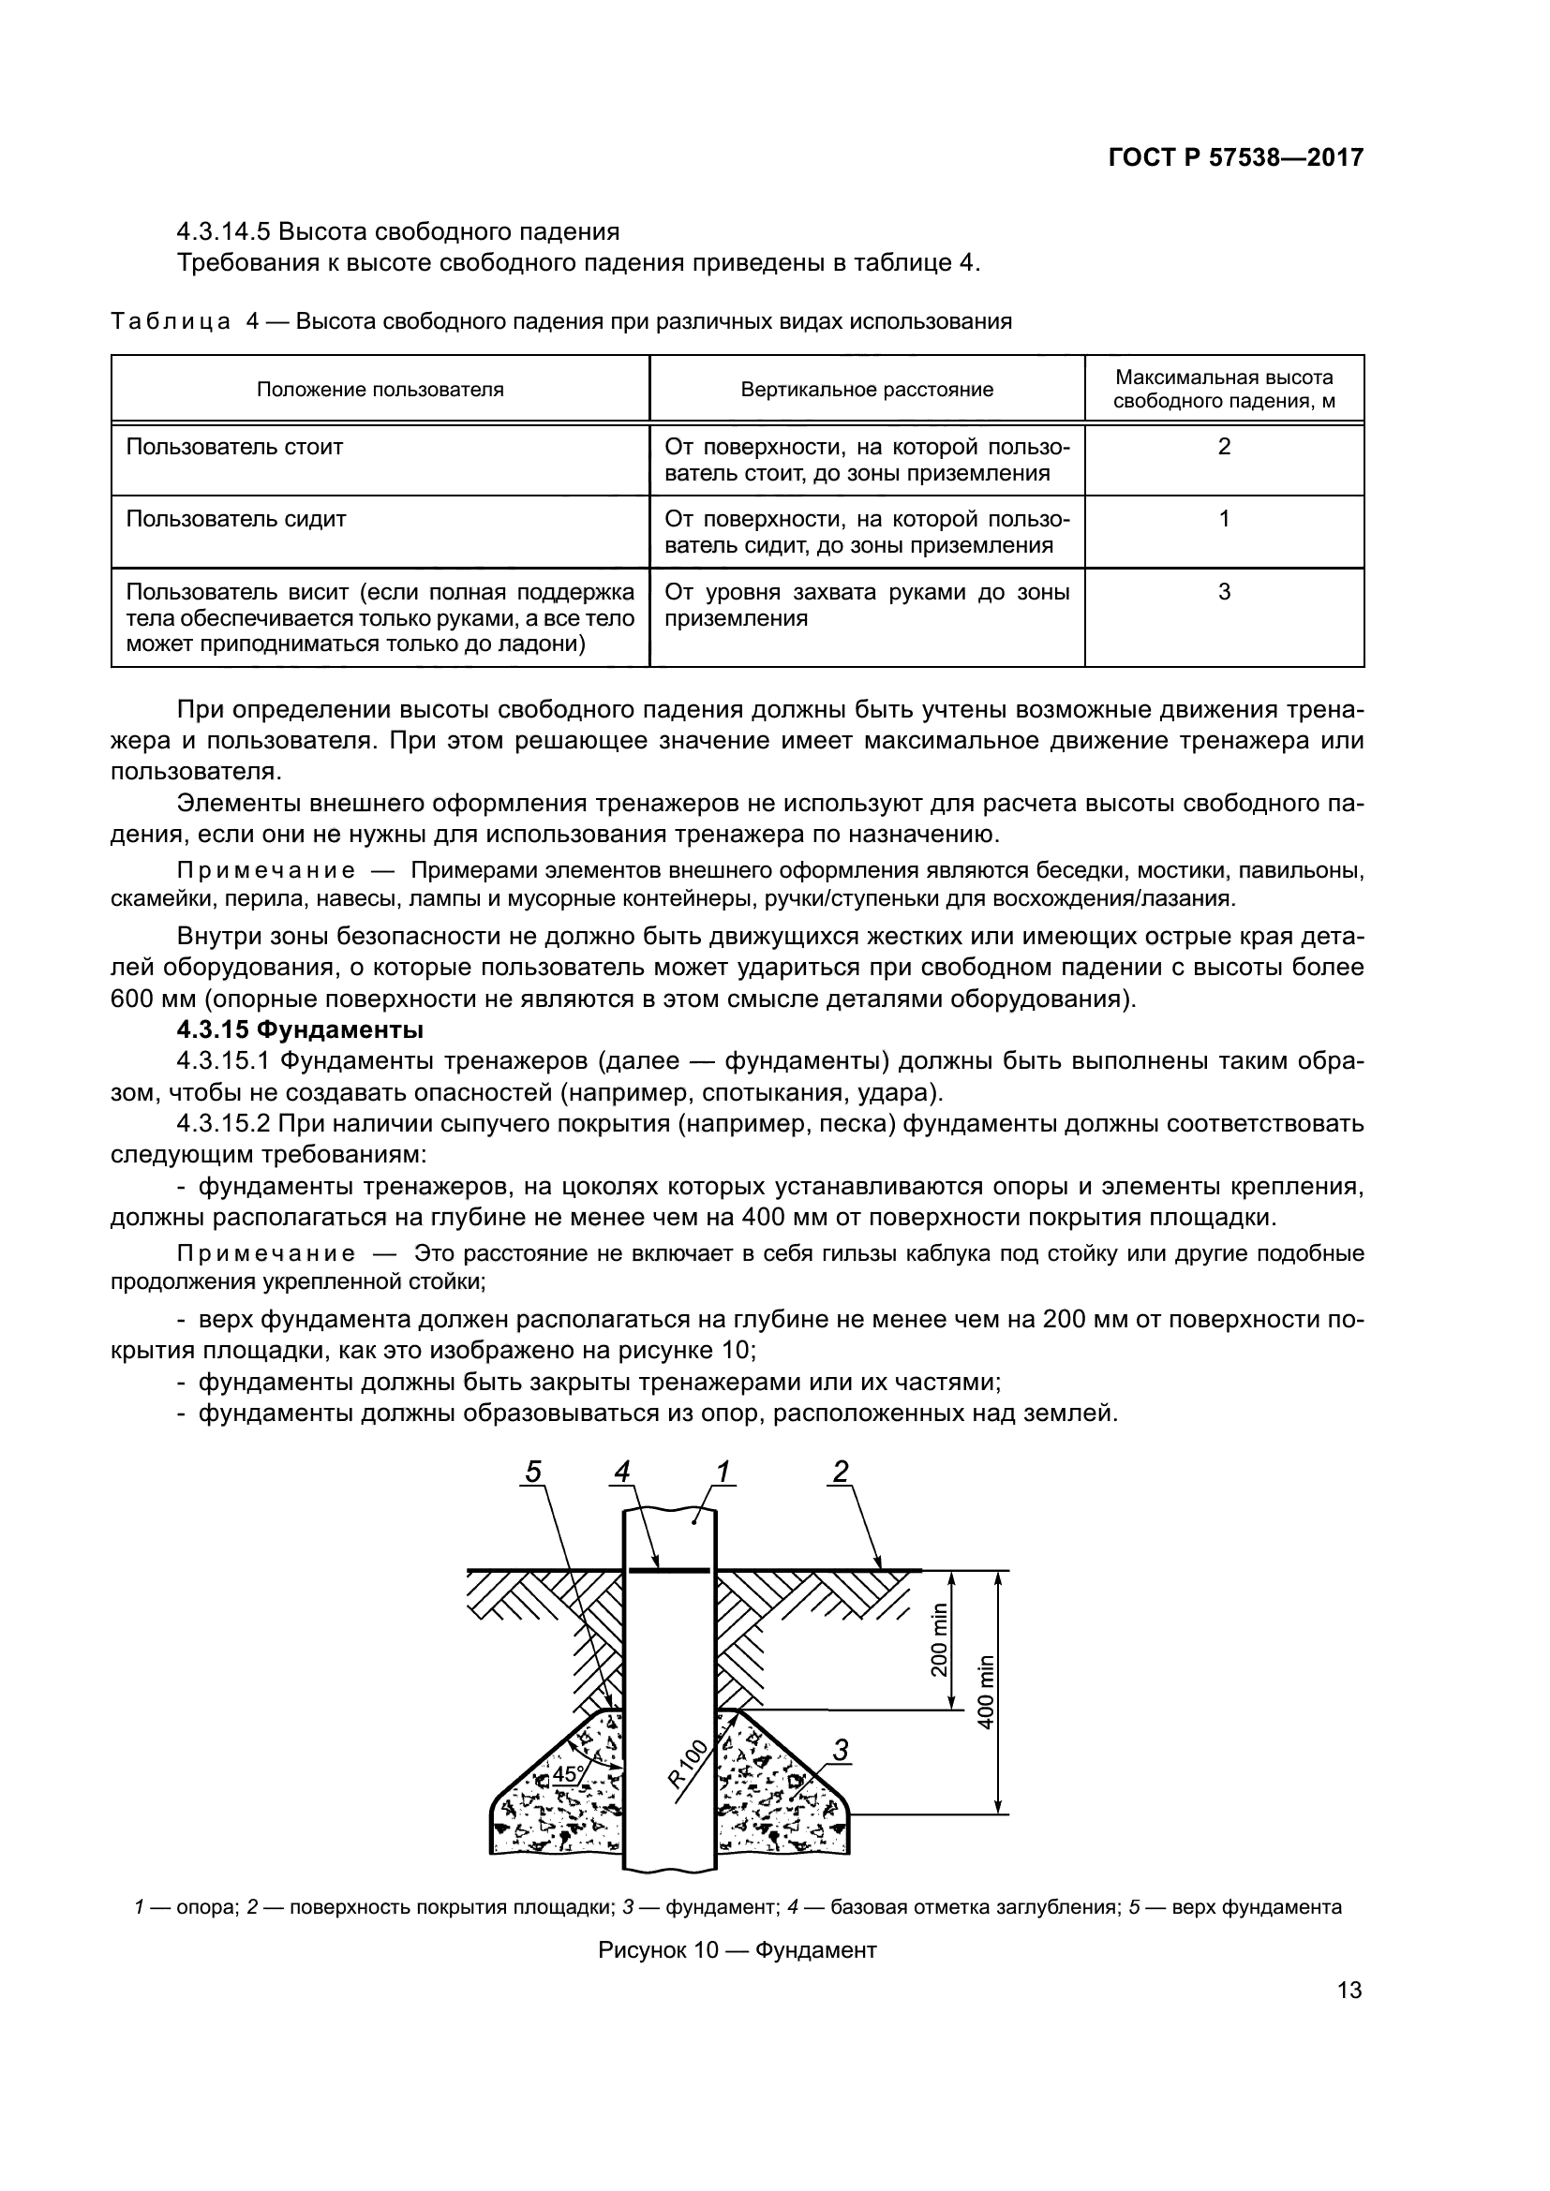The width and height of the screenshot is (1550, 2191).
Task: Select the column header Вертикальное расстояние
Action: click(867, 390)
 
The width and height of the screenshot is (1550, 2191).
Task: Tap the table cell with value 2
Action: click(1224, 447)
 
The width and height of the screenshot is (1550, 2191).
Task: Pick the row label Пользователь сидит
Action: click(236, 519)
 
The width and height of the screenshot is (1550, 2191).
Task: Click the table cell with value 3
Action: click(1224, 592)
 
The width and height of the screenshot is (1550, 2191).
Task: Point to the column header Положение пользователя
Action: click(380, 390)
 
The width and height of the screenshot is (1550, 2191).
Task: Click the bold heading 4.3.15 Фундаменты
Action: click(300, 1029)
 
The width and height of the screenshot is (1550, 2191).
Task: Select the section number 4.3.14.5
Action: click(224, 232)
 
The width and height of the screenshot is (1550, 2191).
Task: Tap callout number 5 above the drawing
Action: click(533, 1473)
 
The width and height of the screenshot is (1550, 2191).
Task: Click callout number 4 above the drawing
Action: click(622, 1473)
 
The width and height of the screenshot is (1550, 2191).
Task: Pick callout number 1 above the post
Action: click(723, 1473)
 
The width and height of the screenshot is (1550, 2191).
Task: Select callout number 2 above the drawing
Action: click(840, 1473)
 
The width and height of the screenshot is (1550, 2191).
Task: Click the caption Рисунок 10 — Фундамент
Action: click(737, 1950)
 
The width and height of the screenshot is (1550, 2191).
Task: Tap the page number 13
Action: click(1349, 2018)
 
